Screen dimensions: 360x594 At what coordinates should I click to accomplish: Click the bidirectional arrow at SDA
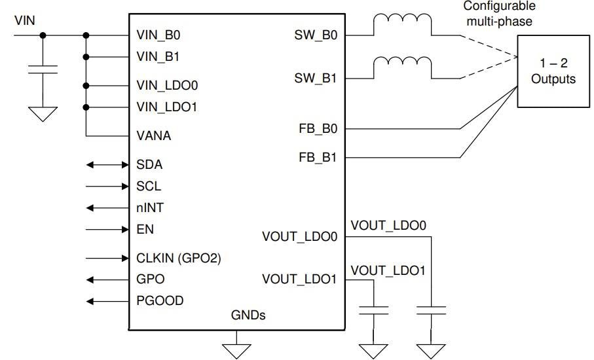tap(107, 165)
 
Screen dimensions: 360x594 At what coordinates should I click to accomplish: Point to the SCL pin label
tap(149, 187)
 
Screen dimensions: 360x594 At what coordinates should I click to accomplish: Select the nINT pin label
tap(149, 208)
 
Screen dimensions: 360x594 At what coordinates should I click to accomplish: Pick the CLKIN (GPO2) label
tap(179, 258)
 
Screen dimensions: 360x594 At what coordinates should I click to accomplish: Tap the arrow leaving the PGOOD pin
tap(107, 301)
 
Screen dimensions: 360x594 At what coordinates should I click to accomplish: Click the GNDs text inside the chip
tap(248, 315)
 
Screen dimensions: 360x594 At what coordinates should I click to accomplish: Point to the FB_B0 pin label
tap(317, 130)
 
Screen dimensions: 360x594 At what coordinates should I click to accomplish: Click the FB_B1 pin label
tap(317, 158)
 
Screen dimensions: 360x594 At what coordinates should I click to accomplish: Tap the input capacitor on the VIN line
tap(43, 69)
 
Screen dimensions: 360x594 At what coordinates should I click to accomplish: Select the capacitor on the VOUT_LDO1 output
tap(374, 310)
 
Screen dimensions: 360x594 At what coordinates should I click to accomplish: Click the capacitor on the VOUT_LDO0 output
tap(431, 310)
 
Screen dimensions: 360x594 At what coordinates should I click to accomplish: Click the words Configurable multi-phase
tap(499, 13)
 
